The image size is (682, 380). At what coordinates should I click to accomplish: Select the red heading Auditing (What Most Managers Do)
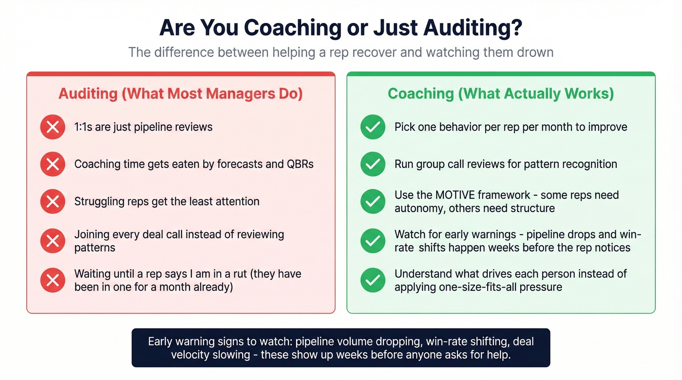click(181, 93)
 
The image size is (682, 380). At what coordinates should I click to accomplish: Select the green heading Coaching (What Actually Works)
click(500, 93)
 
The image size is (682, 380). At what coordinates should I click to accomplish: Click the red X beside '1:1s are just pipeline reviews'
click(53, 127)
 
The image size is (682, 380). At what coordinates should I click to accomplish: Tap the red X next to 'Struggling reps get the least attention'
click(53, 201)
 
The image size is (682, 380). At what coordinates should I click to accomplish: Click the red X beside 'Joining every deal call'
click(53, 240)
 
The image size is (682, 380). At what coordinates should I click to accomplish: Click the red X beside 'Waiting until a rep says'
click(53, 280)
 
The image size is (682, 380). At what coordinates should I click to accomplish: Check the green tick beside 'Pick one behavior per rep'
click(373, 127)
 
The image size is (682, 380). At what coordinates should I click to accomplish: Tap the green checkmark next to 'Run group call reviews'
click(373, 164)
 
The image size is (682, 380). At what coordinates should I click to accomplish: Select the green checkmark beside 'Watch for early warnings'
click(373, 240)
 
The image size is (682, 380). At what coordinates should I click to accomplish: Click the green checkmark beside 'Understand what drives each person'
click(373, 280)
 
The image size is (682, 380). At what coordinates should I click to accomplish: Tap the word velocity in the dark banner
click(190, 355)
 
